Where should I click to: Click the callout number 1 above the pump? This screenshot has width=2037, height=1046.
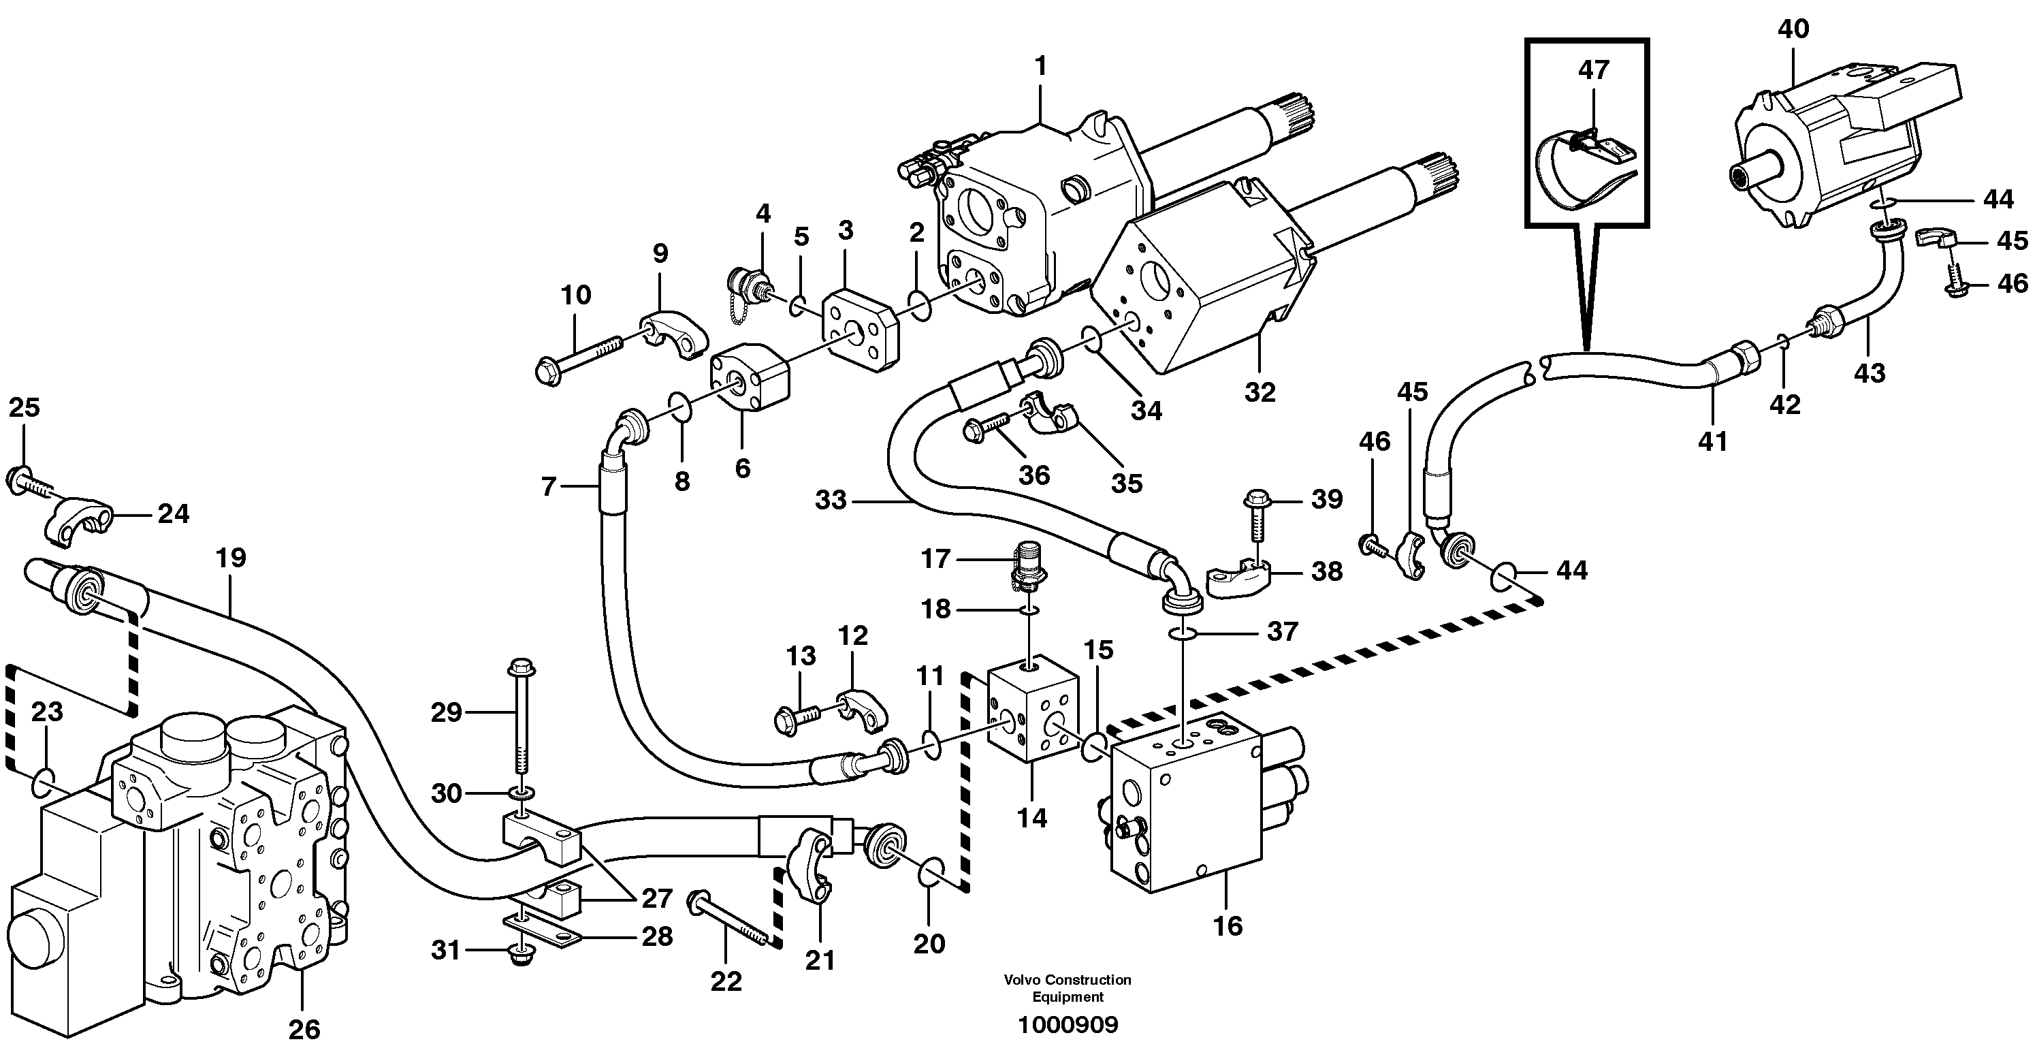[x=1041, y=65]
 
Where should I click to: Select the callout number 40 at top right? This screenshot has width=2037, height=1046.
[x=1793, y=29]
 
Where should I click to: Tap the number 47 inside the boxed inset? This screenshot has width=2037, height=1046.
[x=1592, y=70]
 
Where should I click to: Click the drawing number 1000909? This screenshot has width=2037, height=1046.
[x=1068, y=1026]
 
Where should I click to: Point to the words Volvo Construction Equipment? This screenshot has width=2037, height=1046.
[x=1068, y=988]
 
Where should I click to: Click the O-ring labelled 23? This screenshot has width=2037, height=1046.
[x=44, y=783]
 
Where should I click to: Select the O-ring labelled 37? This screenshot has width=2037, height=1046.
[x=1182, y=633]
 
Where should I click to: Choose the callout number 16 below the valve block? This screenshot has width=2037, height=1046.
[x=1228, y=924]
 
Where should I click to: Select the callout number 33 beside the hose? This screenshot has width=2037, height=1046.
[x=831, y=500]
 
